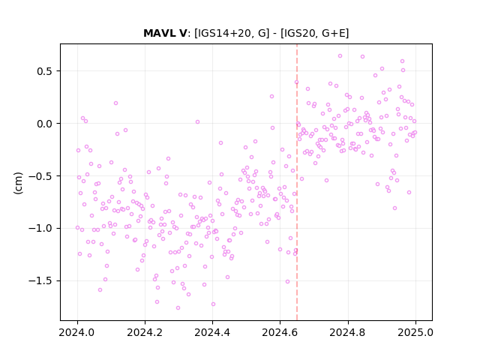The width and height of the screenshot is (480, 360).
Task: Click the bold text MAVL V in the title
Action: [165, 33]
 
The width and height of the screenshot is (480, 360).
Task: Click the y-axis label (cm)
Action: [18, 183]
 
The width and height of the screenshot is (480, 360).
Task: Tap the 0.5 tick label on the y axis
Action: [45, 71]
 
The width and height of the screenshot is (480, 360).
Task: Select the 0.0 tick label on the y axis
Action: [45, 124]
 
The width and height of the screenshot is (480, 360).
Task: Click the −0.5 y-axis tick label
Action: [40, 176]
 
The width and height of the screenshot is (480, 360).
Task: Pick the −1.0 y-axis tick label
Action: [40, 228]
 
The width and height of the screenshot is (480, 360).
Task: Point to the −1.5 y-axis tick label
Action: [40, 280]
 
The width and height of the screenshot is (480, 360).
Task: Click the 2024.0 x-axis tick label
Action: [77, 332]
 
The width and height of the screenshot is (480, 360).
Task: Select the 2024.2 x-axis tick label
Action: [145, 332]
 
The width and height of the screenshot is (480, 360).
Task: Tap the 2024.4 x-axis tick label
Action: [212, 332]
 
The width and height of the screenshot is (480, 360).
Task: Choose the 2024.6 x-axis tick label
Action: [280, 332]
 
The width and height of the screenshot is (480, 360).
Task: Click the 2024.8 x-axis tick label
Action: [348, 332]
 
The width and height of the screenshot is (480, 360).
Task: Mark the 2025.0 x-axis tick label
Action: [415, 332]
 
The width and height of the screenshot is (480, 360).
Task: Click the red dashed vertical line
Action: [297, 182]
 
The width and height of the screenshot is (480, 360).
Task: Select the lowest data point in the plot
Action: [178, 307]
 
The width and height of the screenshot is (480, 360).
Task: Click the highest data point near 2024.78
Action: [340, 55]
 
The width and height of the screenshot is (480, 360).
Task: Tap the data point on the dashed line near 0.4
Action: [296, 82]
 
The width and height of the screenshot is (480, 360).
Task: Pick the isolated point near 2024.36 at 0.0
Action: [197, 121]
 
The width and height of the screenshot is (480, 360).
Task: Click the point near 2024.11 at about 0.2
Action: [115, 103]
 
